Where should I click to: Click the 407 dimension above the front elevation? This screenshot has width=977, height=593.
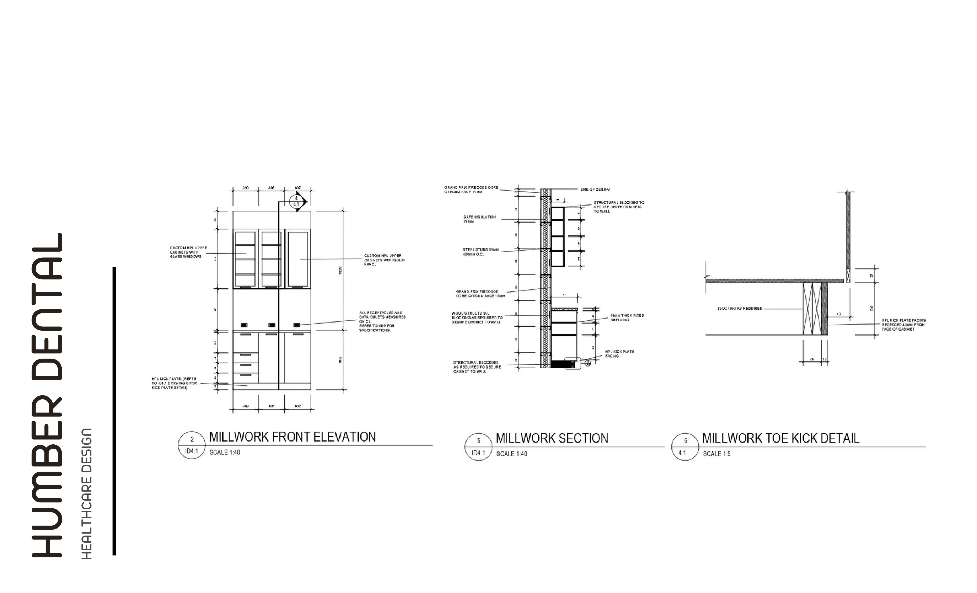click(297, 188)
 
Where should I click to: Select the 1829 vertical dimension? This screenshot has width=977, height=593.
click(340, 270)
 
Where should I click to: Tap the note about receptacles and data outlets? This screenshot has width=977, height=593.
click(382, 321)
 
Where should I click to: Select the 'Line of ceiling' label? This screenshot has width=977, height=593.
click(595, 190)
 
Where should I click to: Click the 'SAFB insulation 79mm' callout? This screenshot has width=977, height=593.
click(479, 219)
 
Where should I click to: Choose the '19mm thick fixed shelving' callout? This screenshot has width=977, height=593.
click(627, 317)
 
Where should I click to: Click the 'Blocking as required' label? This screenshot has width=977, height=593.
click(739, 308)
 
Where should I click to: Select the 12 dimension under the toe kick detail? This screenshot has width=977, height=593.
click(825, 359)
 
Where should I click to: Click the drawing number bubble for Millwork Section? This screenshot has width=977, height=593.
click(478, 447)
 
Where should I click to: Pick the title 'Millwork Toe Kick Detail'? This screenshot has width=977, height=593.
click(780, 438)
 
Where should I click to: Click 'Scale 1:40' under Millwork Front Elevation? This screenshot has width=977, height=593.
click(224, 452)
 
